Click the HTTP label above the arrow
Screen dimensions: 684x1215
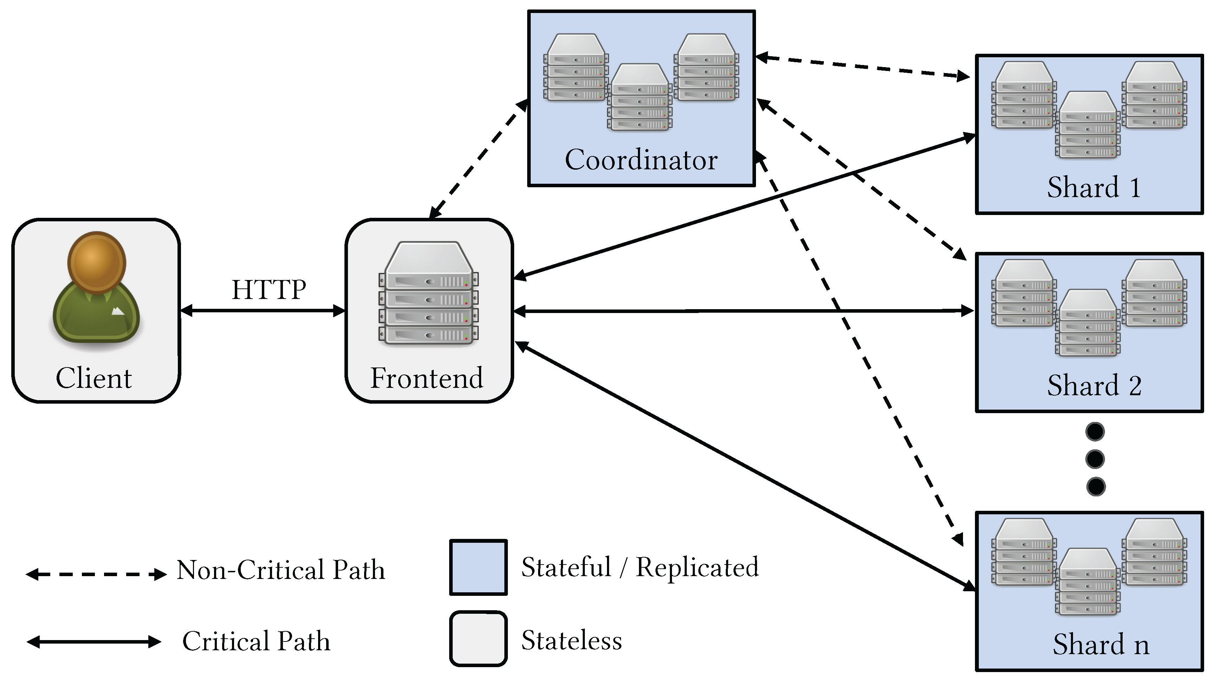click(269, 289)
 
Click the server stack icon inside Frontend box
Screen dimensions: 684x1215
click(428, 293)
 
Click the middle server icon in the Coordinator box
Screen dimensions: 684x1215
click(640, 98)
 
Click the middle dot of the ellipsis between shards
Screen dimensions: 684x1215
click(1095, 459)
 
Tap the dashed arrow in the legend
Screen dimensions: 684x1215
click(96, 574)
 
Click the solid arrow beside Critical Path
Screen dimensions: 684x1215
click(94, 641)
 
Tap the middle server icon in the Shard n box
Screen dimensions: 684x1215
click(1088, 582)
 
